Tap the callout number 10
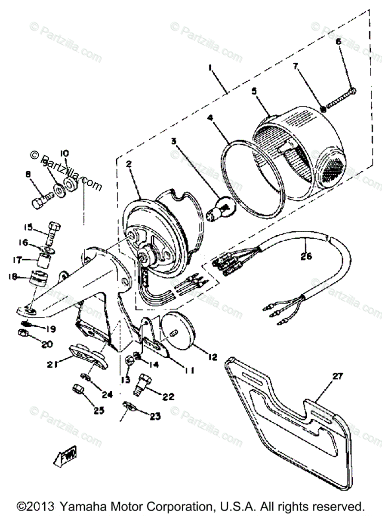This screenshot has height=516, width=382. (x=64, y=153)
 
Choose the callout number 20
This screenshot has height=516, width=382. (x=47, y=344)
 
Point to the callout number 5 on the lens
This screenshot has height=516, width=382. (x=254, y=91)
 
